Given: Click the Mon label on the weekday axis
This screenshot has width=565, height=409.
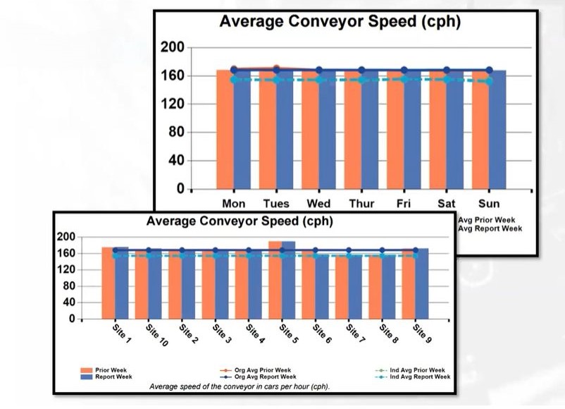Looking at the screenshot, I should pos(233,204).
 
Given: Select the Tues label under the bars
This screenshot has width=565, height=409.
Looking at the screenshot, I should pos(276,204).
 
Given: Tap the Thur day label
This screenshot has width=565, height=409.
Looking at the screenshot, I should pos(361,204).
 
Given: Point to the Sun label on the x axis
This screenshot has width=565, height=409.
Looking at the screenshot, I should pos(489,204).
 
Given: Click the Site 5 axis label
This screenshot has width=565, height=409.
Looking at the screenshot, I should pos(286,332).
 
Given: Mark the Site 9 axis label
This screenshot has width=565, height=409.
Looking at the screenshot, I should pos(421,332).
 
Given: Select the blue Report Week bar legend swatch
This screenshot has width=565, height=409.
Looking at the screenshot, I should pos(87,377).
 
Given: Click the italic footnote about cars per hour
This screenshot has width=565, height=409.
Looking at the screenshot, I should pos(240,386).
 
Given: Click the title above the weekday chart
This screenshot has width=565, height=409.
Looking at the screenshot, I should pos(340,22).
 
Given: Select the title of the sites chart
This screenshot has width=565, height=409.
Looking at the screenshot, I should pos(240,221).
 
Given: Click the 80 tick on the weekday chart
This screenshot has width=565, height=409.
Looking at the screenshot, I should pos(176,133).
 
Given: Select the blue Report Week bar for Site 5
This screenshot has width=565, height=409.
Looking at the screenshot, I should pos(289,282).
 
